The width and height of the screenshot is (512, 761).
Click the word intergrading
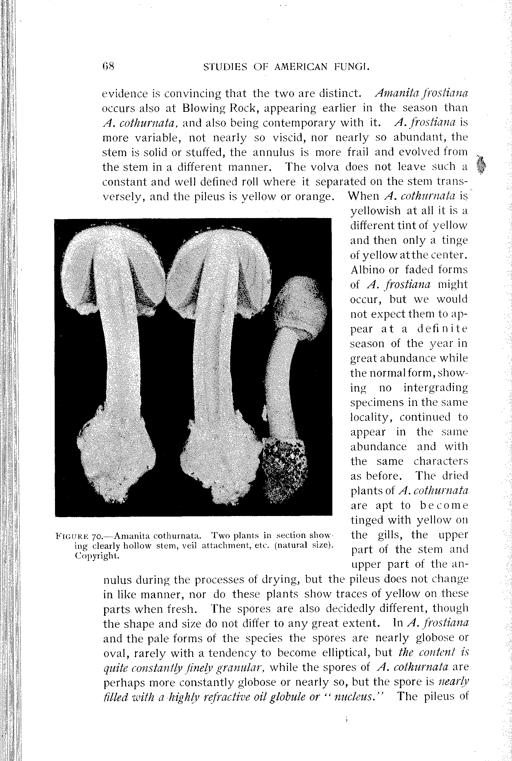[x=436, y=388]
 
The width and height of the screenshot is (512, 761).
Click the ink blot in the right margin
[x=481, y=165]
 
